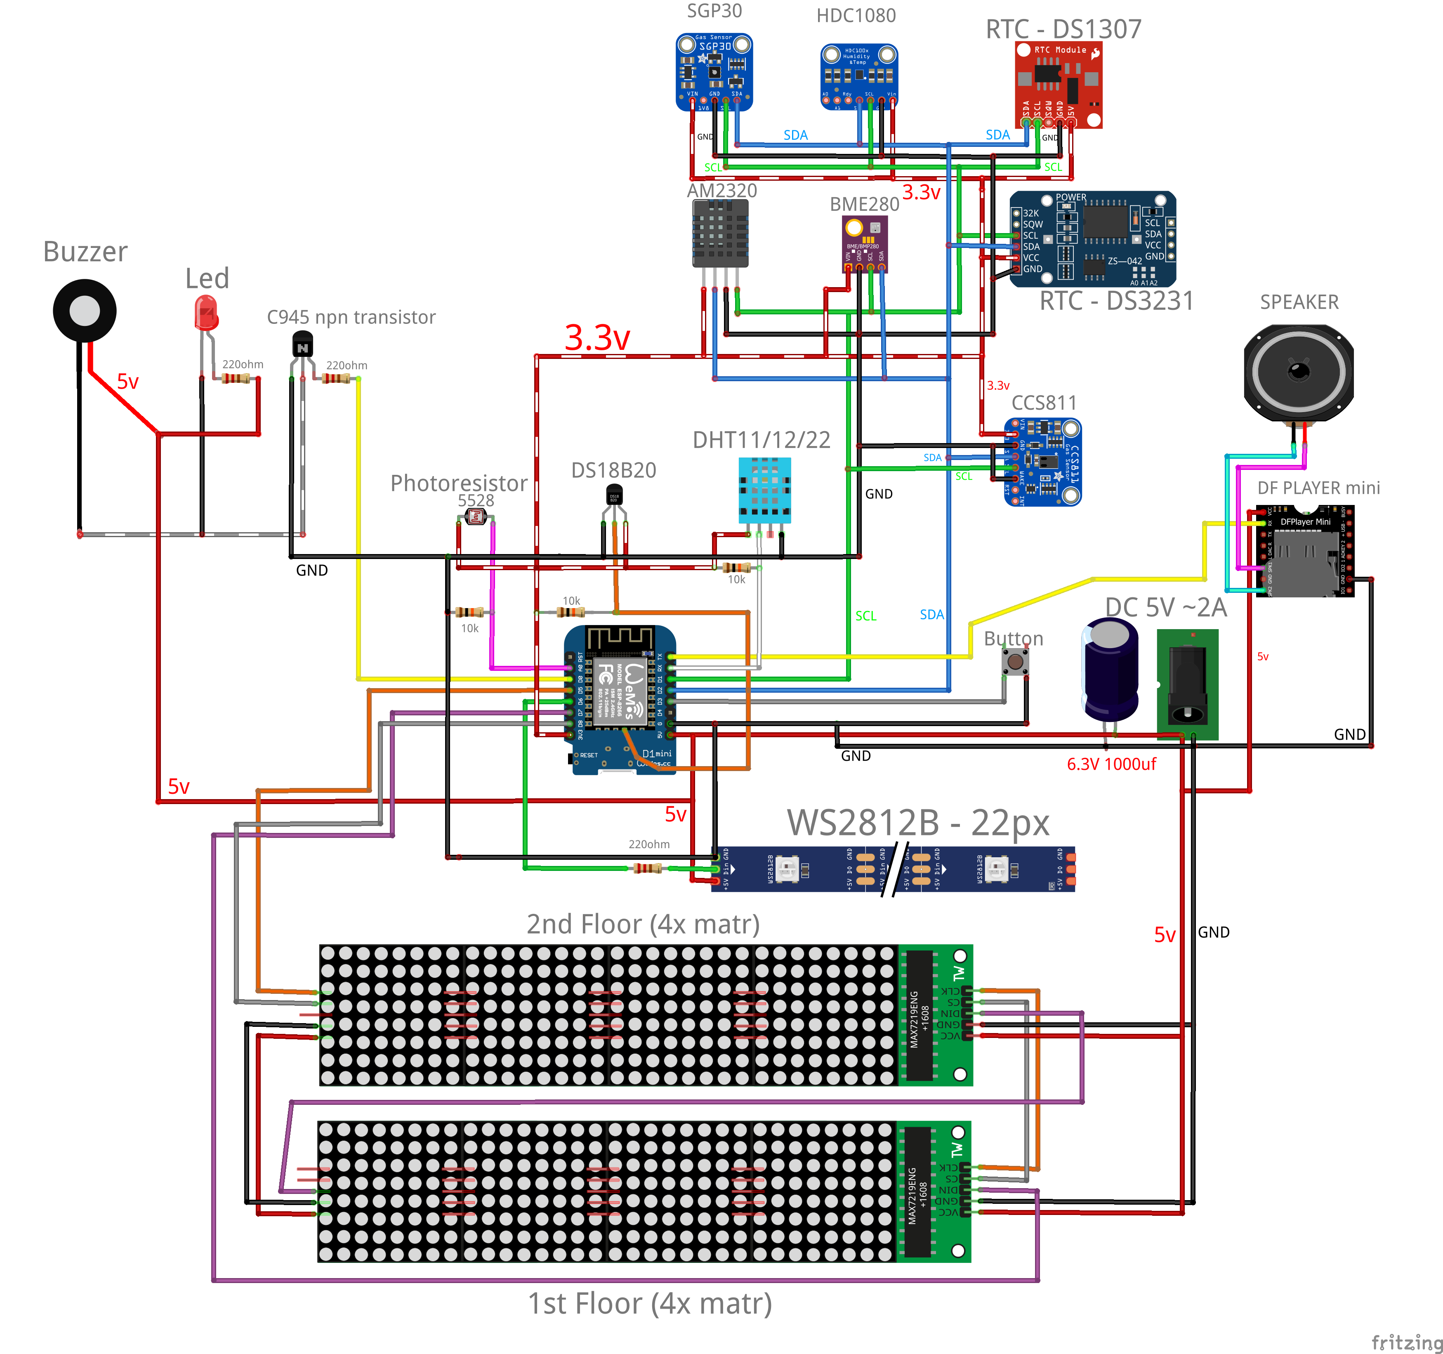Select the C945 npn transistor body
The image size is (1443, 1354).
[302, 344]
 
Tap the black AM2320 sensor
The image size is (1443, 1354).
[719, 232]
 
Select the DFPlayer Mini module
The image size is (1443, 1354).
[1304, 552]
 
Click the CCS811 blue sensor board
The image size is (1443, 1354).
[1042, 462]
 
